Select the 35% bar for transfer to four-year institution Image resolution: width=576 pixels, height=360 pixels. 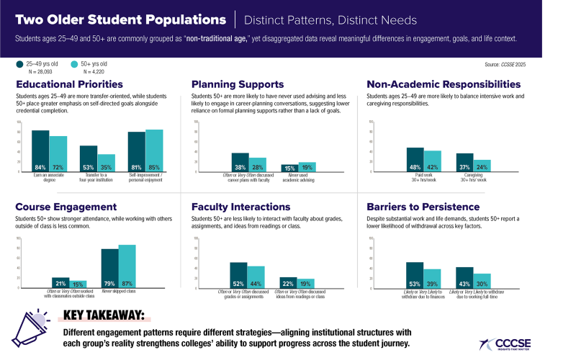click(x=107, y=159)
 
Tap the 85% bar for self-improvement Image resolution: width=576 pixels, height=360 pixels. click(x=155, y=146)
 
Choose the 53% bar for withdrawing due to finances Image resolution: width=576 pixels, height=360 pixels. click(x=415, y=275)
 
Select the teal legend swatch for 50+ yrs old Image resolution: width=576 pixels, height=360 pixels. click(x=75, y=64)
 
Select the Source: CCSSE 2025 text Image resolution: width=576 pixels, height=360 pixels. click(x=534, y=65)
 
